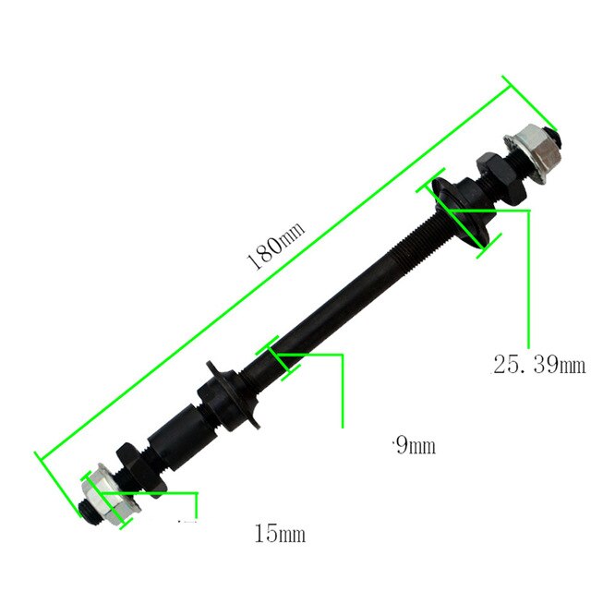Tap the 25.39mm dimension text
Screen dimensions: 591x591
538,365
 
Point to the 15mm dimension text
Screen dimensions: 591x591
279,533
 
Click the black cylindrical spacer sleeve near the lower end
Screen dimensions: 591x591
176,435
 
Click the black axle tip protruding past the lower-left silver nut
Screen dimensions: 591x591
84,513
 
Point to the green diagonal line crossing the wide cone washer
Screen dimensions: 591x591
459,214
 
